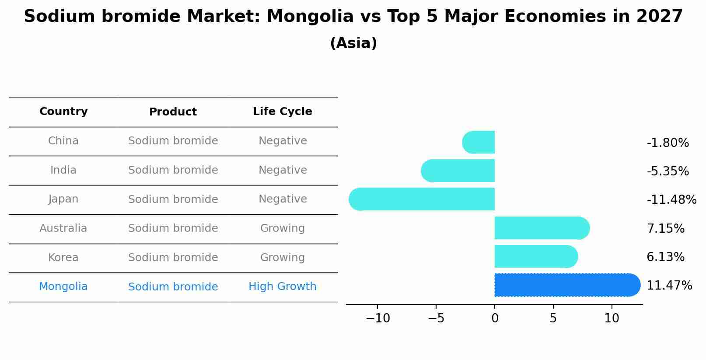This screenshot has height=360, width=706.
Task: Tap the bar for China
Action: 479,142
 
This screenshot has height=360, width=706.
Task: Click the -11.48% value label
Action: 671,200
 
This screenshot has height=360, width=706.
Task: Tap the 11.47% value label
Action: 669,286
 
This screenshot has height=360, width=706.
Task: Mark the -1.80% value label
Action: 668,143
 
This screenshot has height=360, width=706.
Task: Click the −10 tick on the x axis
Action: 378,318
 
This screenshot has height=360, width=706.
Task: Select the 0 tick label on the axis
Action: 495,318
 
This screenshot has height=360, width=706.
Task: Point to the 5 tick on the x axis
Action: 553,318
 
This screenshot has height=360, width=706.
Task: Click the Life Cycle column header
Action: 282,112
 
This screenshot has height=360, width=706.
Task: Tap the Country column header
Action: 63,112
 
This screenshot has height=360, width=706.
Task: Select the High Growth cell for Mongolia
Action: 282,287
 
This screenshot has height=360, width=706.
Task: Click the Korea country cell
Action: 63,258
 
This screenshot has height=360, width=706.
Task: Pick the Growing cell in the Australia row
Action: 282,228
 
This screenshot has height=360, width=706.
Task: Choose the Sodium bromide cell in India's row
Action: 173,170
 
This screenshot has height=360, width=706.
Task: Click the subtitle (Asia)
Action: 353,43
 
